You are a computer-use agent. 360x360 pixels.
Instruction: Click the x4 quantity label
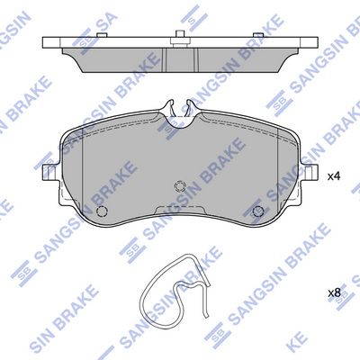(333, 176)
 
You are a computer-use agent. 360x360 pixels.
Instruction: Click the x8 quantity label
(334, 293)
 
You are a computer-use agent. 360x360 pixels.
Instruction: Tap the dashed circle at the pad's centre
(180, 186)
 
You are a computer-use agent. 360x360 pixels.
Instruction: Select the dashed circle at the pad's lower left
(102, 211)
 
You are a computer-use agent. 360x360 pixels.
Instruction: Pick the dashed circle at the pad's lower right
(258, 211)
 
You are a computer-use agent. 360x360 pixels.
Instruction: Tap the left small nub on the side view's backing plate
(102, 35)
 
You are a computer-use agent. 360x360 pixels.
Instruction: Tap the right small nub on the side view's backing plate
(257, 35)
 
